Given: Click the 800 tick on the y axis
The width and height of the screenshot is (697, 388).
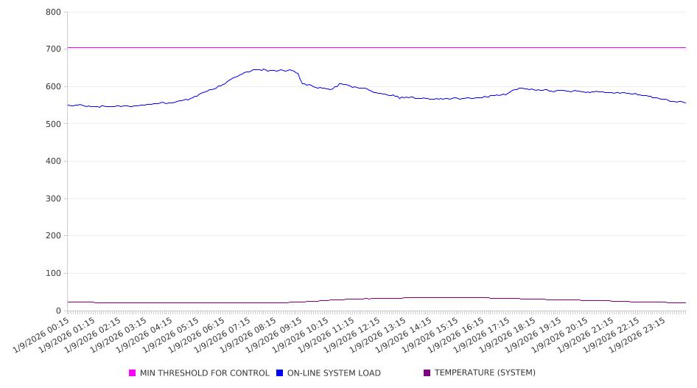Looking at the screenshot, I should pyautogui.click(x=53, y=12).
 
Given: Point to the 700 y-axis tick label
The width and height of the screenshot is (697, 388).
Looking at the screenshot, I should pyautogui.click(x=53, y=49).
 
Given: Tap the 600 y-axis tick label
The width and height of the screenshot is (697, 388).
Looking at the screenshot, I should pyautogui.click(x=53, y=86).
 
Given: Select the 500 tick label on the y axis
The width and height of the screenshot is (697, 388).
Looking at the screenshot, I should pyautogui.click(x=53, y=124).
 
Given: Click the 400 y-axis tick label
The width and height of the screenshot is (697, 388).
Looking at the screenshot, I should pyautogui.click(x=53, y=162).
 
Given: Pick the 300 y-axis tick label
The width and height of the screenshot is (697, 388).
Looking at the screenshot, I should pyautogui.click(x=53, y=198).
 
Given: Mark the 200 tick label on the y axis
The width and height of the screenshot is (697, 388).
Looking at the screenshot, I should pyautogui.click(x=53, y=236).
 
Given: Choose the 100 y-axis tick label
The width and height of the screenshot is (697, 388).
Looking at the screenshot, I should pyautogui.click(x=53, y=274).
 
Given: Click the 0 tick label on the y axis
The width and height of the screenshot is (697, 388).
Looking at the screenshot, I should pyautogui.click(x=58, y=311).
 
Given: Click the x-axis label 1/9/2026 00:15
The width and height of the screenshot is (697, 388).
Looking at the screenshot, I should pyautogui.click(x=42, y=334).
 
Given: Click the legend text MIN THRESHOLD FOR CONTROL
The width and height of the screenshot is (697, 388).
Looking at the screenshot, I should pyautogui.click(x=204, y=373).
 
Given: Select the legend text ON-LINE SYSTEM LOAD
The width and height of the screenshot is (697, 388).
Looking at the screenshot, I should pyautogui.click(x=334, y=373).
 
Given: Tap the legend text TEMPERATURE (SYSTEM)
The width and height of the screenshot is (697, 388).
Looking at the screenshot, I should pyautogui.click(x=485, y=373).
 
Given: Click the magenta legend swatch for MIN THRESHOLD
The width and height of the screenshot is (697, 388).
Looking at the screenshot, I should pyautogui.click(x=133, y=373).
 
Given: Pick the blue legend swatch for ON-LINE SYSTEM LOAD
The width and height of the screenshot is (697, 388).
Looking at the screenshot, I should pyautogui.click(x=280, y=373).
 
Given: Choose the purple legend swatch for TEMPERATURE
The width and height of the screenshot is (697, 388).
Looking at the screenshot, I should pyautogui.click(x=427, y=373).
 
